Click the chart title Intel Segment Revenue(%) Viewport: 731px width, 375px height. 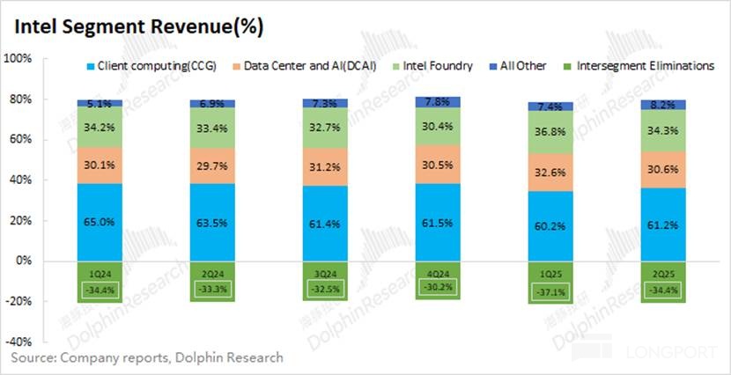[137, 27]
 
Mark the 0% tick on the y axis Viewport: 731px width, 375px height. [24, 261]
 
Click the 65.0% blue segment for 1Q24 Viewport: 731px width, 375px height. [100, 222]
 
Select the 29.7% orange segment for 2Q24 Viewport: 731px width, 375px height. [213, 160]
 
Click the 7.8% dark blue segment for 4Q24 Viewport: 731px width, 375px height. [438, 102]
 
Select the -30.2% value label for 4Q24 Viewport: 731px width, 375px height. [438, 285]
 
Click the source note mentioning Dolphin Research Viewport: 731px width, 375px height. [147, 358]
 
